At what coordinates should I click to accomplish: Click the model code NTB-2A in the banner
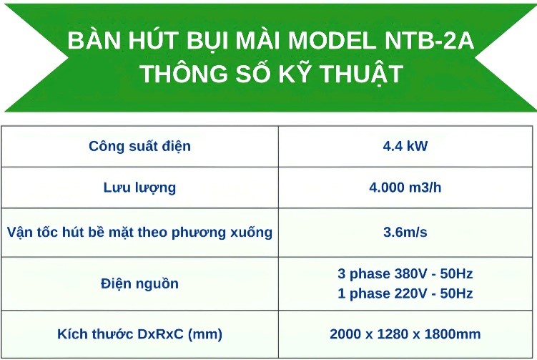pyautogui.click(x=429, y=41)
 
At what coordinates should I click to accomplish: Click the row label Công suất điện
pyautogui.click(x=139, y=147)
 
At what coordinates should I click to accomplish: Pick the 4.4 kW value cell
pyautogui.click(x=405, y=146)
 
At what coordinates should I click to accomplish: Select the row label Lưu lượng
pyautogui.click(x=139, y=188)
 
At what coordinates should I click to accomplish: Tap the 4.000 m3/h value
pyautogui.click(x=405, y=188)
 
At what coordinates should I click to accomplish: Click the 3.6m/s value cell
pyautogui.click(x=405, y=233)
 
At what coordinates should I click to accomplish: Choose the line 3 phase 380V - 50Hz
pyautogui.click(x=405, y=274)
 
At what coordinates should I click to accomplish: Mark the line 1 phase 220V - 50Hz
pyautogui.click(x=405, y=294)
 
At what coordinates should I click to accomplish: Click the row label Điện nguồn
pyautogui.click(x=139, y=284)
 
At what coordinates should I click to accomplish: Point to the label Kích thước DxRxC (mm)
pyautogui.click(x=139, y=334)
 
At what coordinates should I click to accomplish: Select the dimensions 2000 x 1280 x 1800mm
pyautogui.click(x=405, y=334)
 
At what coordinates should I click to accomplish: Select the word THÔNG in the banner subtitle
pyautogui.click(x=184, y=73)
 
